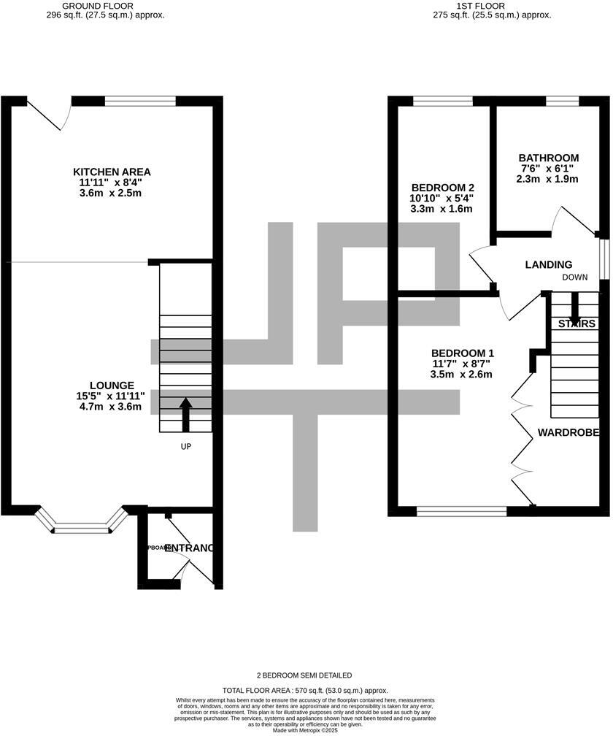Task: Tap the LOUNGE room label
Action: click(112, 386)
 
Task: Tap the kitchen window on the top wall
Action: click(140, 101)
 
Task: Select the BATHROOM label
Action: click(549, 158)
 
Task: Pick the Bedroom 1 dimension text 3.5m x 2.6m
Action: click(461, 375)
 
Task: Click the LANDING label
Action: click(549, 264)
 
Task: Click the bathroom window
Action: click(562, 101)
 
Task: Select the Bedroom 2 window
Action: click(442, 101)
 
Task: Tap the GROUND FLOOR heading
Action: click(102, 5)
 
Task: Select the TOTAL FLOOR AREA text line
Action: click(305, 690)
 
